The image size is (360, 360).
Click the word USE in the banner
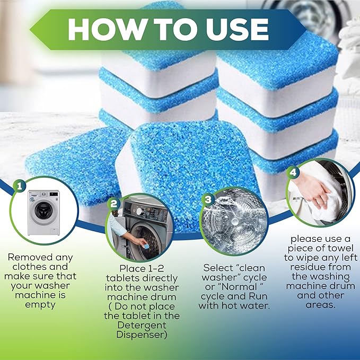tap(232, 29)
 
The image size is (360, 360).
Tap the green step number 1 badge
tap(20, 186)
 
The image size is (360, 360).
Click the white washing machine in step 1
tap(44, 213)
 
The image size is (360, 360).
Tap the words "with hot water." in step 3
tap(234, 306)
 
